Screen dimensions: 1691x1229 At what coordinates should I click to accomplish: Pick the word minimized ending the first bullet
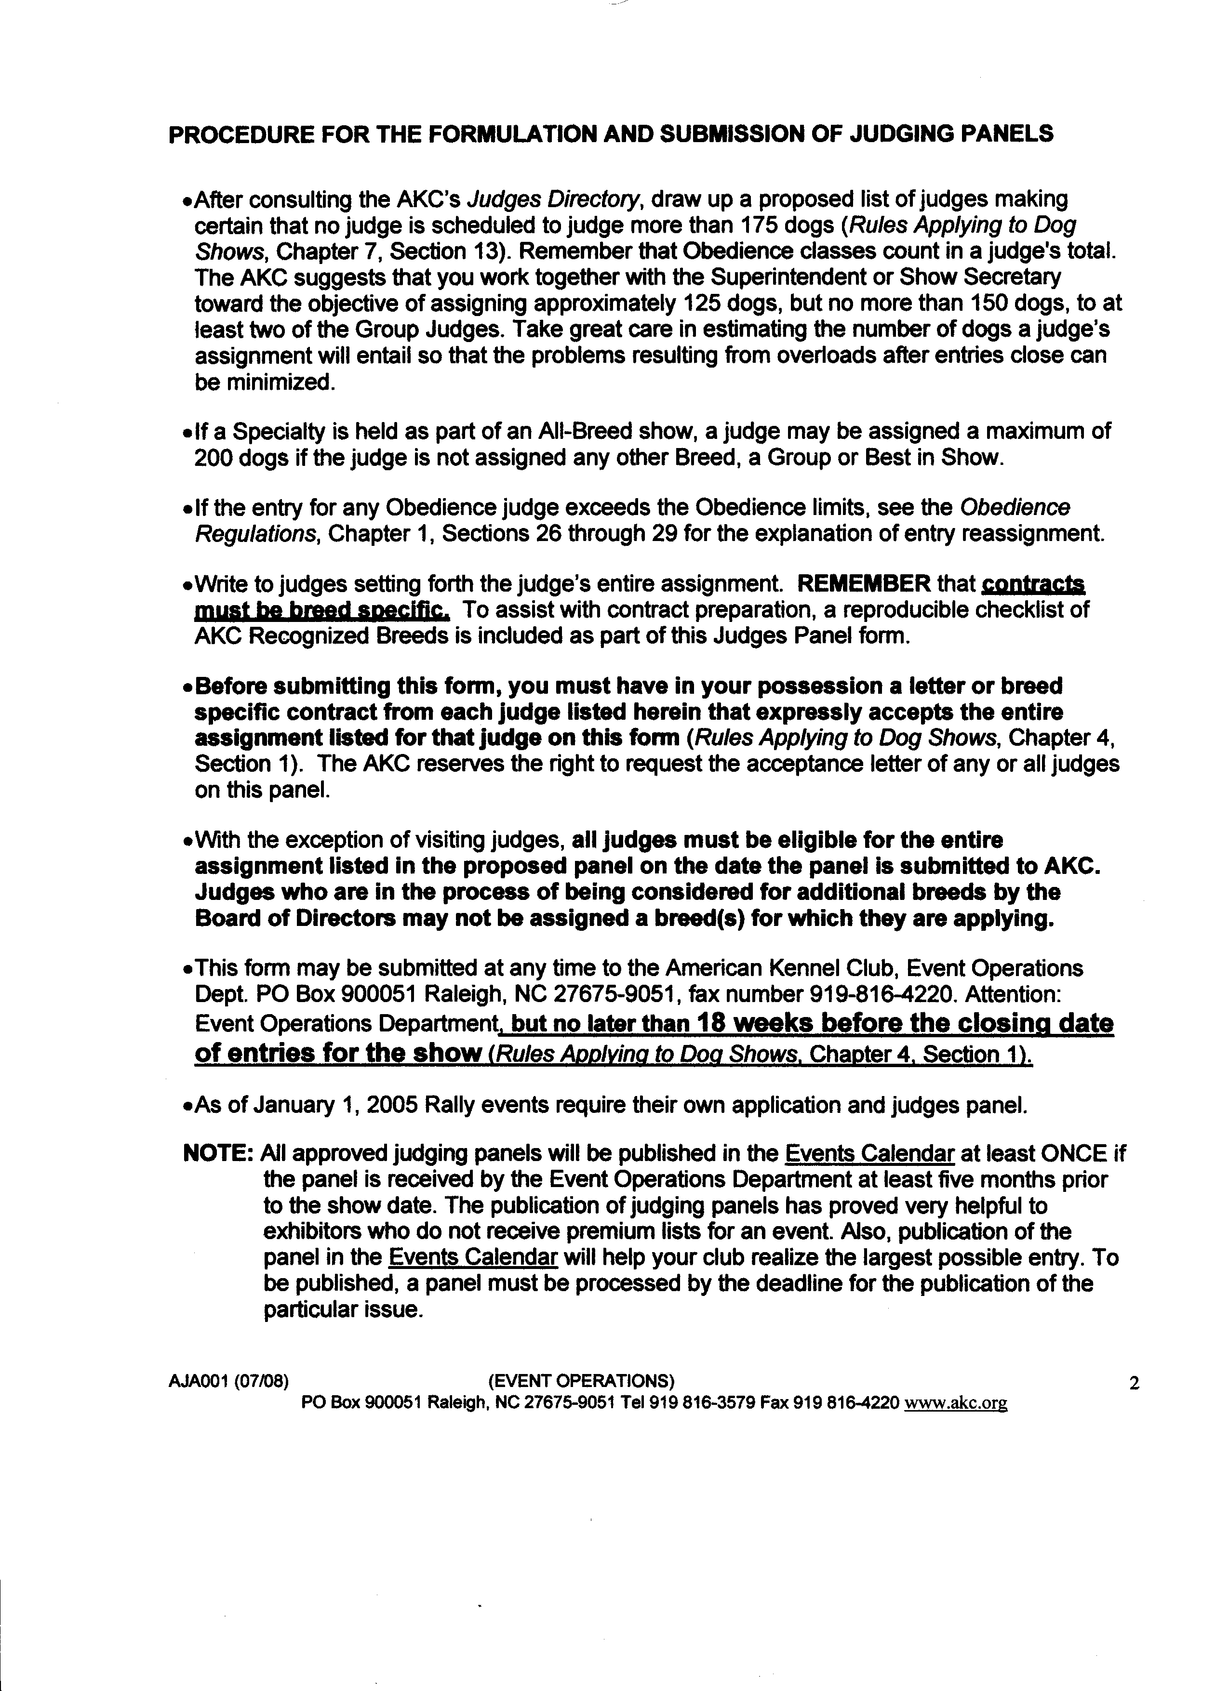point(264,383)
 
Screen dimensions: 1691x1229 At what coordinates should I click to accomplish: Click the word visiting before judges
point(441,840)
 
